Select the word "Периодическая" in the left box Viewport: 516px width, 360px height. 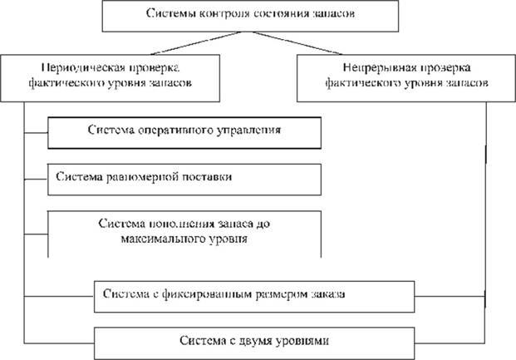pos(79,67)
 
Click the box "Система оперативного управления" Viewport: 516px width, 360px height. pos(184,131)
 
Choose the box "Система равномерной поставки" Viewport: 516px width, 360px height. pos(184,177)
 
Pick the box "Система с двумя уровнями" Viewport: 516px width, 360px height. pos(254,341)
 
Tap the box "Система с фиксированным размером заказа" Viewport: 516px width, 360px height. pos(254,294)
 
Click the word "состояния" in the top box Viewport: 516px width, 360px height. pos(278,15)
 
